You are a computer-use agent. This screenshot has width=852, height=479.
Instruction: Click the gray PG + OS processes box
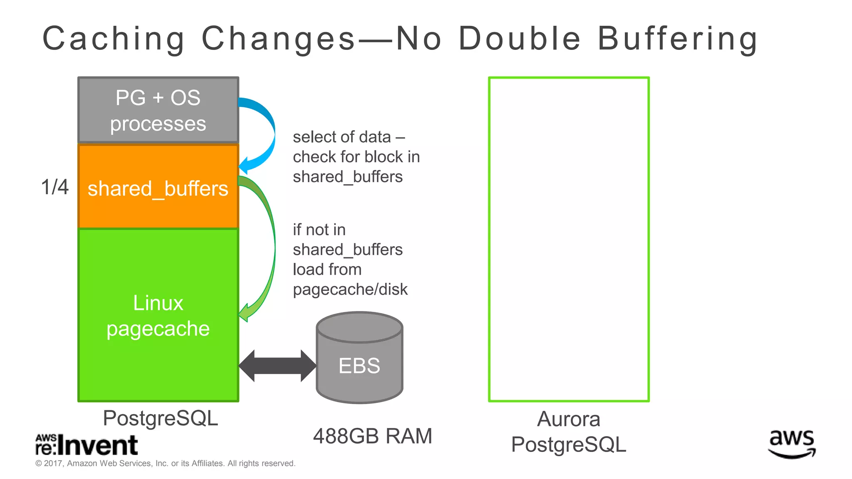pos(158,110)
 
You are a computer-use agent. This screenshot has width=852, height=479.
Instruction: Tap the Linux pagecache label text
pos(158,316)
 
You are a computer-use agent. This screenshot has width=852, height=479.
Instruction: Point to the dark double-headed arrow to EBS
pos(277,366)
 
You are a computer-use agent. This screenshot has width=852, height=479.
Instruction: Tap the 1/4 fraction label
pos(54,187)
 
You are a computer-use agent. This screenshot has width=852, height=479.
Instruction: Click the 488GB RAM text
pos(372,436)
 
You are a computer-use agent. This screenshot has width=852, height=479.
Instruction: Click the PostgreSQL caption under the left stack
pos(160,418)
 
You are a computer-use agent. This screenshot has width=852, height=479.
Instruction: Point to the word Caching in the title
pos(114,39)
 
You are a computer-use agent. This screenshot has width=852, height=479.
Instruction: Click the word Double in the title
pos(519,39)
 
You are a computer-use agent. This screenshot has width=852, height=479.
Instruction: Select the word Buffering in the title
pos(677,39)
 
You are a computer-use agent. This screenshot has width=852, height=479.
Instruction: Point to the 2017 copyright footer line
pos(165,463)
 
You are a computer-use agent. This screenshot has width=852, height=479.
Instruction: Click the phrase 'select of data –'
pos(349,137)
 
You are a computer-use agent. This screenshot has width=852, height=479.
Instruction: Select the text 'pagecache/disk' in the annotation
pos(350,289)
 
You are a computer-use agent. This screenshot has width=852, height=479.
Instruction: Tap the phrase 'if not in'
pos(319,230)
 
